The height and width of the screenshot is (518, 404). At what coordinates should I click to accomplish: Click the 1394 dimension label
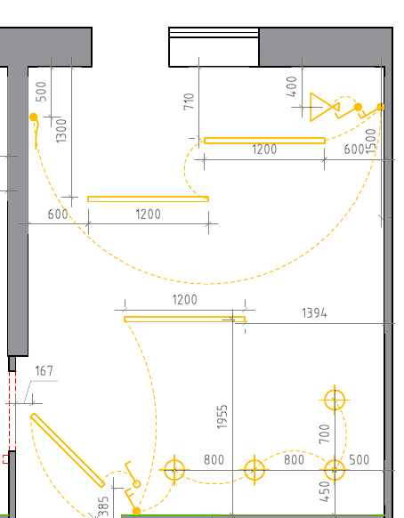pos(314,313)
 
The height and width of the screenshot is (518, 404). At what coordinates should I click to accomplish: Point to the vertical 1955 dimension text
pos(222,417)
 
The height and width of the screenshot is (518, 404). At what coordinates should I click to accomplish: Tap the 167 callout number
pos(44,371)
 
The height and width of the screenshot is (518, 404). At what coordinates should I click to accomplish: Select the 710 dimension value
pos(189,101)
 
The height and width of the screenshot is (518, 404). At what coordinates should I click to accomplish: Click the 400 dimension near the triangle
pos(292,86)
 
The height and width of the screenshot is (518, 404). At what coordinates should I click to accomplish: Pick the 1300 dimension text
pos(61,131)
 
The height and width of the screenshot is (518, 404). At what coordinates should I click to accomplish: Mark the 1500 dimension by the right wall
pos(371,141)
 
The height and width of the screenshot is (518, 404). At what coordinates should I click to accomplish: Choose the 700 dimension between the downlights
pos(325,434)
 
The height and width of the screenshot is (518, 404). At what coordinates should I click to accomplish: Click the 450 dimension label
pos(325,491)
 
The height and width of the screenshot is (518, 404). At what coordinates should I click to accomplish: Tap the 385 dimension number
pos(103,506)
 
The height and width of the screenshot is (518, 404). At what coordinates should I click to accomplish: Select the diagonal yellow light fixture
pos(68,450)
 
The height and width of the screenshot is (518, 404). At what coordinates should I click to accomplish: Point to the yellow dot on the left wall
pos(33,117)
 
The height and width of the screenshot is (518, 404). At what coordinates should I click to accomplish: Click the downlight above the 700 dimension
pos(335,400)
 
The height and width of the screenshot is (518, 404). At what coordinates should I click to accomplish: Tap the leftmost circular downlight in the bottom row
pos(174,470)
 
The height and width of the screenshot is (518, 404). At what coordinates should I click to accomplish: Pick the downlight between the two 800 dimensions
pos(255,470)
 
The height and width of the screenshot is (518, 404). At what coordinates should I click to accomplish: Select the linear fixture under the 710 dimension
pos(264,141)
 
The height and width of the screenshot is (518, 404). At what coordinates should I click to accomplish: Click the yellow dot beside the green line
pos(136,512)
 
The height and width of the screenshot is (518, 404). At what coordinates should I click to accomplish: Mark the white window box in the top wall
pos(214,47)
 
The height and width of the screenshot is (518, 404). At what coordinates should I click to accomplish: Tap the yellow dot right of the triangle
pos(358,107)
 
